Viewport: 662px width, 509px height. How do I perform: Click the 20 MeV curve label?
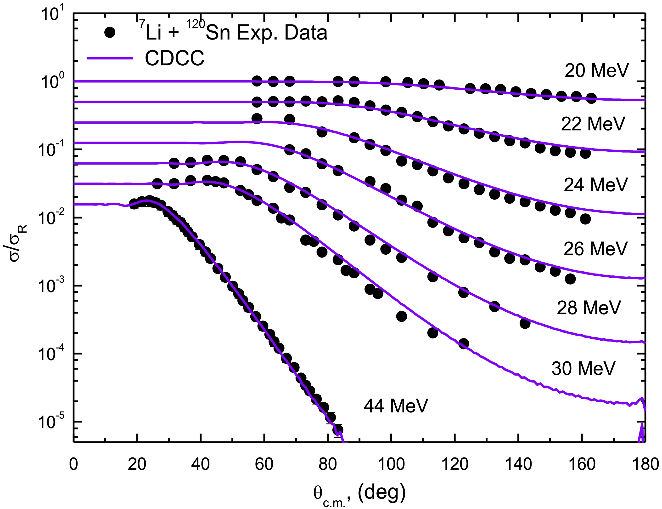pyautogui.click(x=597, y=71)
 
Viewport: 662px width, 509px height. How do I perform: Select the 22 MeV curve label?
pyautogui.click(x=593, y=124)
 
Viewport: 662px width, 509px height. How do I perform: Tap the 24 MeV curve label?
pyautogui.click(x=595, y=185)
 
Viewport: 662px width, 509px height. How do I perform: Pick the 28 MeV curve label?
pyautogui.click(x=589, y=308)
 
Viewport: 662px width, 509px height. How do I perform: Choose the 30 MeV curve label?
pyautogui.click(x=583, y=368)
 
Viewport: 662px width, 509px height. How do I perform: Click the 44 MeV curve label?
pyautogui.click(x=396, y=406)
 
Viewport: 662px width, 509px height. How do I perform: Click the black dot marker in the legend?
pyautogui.click(x=110, y=32)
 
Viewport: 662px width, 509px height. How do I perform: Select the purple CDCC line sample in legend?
pyautogui.click(x=110, y=58)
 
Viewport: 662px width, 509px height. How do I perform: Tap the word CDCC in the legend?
pyautogui.click(x=175, y=58)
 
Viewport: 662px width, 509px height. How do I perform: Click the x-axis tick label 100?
pyautogui.click(x=391, y=464)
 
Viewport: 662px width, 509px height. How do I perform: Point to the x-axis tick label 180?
pyautogui.click(x=645, y=464)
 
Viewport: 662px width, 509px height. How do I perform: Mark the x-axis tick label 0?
pyautogui.click(x=73, y=464)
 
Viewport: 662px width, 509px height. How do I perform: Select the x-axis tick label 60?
pyautogui.click(x=264, y=464)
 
